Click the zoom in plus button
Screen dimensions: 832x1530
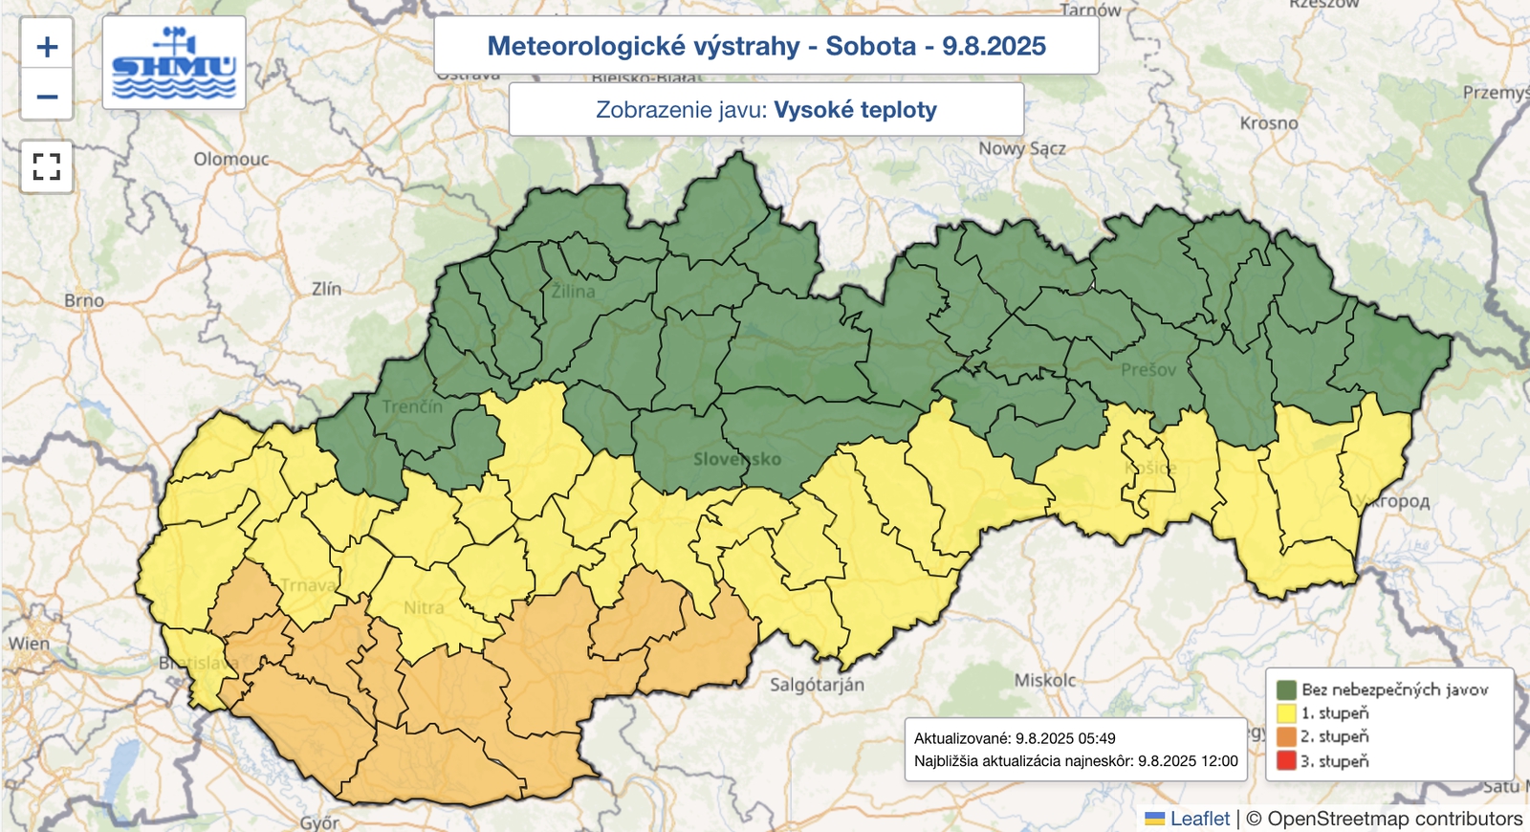coord(47,46)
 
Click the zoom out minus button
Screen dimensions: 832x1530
coord(47,96)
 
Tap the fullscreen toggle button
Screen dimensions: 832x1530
coord(47,166)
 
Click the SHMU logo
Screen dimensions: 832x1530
coord(174,63)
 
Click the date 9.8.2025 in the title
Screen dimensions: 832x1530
coord(994,46)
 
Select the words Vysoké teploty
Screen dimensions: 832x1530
coord(855,110)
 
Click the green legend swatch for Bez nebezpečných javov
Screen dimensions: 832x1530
coord(1286,690)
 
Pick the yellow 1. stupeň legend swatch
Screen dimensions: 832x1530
coord(1286,713)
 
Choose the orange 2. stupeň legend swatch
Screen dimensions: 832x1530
coord(1286,737)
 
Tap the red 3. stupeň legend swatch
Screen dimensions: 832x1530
coord(1286,761)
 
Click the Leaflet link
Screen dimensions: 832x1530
coord(1199,819)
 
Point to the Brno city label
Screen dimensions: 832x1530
coord(84,300)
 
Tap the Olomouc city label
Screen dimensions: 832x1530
coord(231,159)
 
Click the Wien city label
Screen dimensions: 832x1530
coord(29,644)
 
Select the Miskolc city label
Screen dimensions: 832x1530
coord(1045,680)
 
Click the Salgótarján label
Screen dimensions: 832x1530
coord(818,685)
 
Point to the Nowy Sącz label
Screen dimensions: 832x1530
coord(1021,148)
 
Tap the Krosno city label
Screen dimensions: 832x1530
coord(1269,123)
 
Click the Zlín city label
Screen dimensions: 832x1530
coord(326,289)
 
